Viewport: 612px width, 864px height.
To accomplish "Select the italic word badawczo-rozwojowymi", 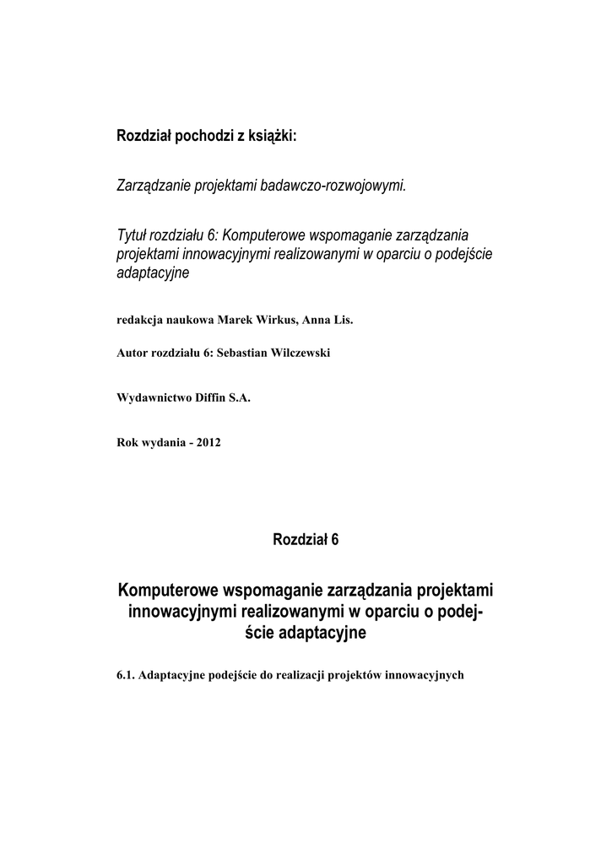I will click(342, 185).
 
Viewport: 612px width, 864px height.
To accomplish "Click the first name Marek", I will click(235, 321).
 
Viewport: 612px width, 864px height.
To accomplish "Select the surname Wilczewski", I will click(302, 353).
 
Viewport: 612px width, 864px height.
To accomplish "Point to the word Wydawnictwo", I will click(150, 400).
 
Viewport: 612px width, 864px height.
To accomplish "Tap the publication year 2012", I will click(208, 442).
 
